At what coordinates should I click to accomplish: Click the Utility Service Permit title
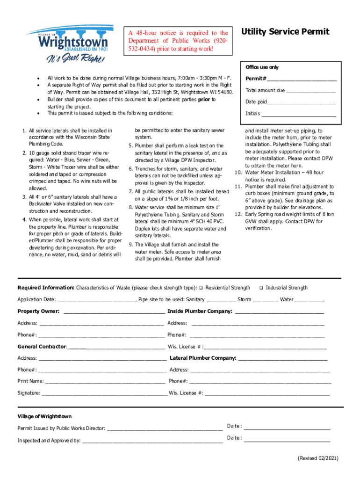tap(285, 32)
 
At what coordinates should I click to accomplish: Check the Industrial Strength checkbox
tap(261, 288)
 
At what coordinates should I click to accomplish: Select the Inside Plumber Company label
tap(200, 312)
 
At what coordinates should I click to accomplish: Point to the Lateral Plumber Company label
tap(203, 358)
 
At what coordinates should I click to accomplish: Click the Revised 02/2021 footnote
tap(318, 458)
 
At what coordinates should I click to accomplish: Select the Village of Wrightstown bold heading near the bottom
tap(44, 416)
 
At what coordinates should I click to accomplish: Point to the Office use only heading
tap(262, 67)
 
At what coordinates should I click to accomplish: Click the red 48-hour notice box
tap(178, 41)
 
